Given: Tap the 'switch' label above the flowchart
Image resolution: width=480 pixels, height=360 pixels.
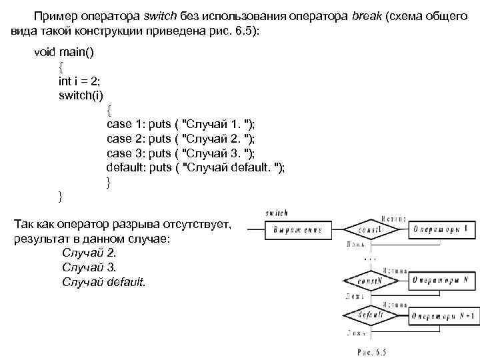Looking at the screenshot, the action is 277,213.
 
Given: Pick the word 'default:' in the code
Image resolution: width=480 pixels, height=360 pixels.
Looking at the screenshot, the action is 126,167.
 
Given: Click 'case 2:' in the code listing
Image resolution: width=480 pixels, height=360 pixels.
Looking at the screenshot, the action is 126,138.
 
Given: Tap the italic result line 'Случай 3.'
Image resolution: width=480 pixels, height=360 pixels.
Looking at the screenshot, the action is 89,267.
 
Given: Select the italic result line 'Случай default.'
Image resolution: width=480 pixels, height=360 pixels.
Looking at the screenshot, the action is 103,282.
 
